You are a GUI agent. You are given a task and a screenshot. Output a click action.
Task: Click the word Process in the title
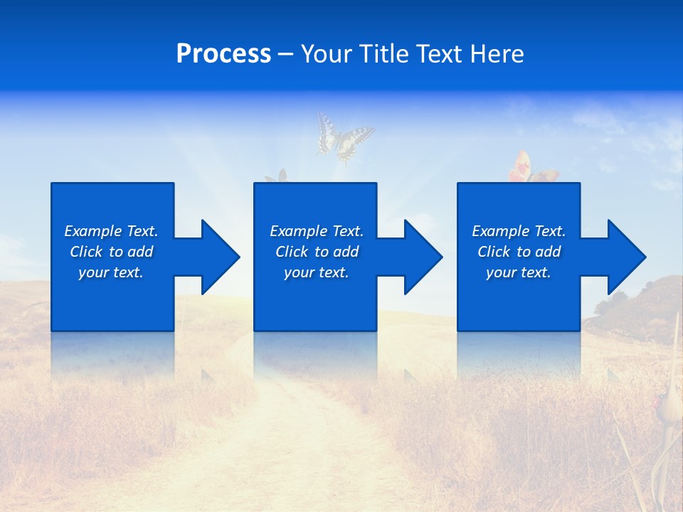tap(223, 54)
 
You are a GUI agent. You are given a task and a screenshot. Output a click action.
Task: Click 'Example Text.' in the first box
tap(111, 231)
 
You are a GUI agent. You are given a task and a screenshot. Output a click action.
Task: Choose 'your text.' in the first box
tap(111, 272)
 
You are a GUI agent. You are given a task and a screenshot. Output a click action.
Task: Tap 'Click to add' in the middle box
tap(317, 252)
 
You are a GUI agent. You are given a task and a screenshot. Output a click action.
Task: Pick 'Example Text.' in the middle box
tap(317, 231)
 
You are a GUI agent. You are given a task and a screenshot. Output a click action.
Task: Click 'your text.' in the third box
tap(519, 272)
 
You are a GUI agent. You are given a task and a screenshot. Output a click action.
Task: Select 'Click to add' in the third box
tap(519, 252)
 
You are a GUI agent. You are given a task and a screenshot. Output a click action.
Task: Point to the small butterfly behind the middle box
tap(277, 176)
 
